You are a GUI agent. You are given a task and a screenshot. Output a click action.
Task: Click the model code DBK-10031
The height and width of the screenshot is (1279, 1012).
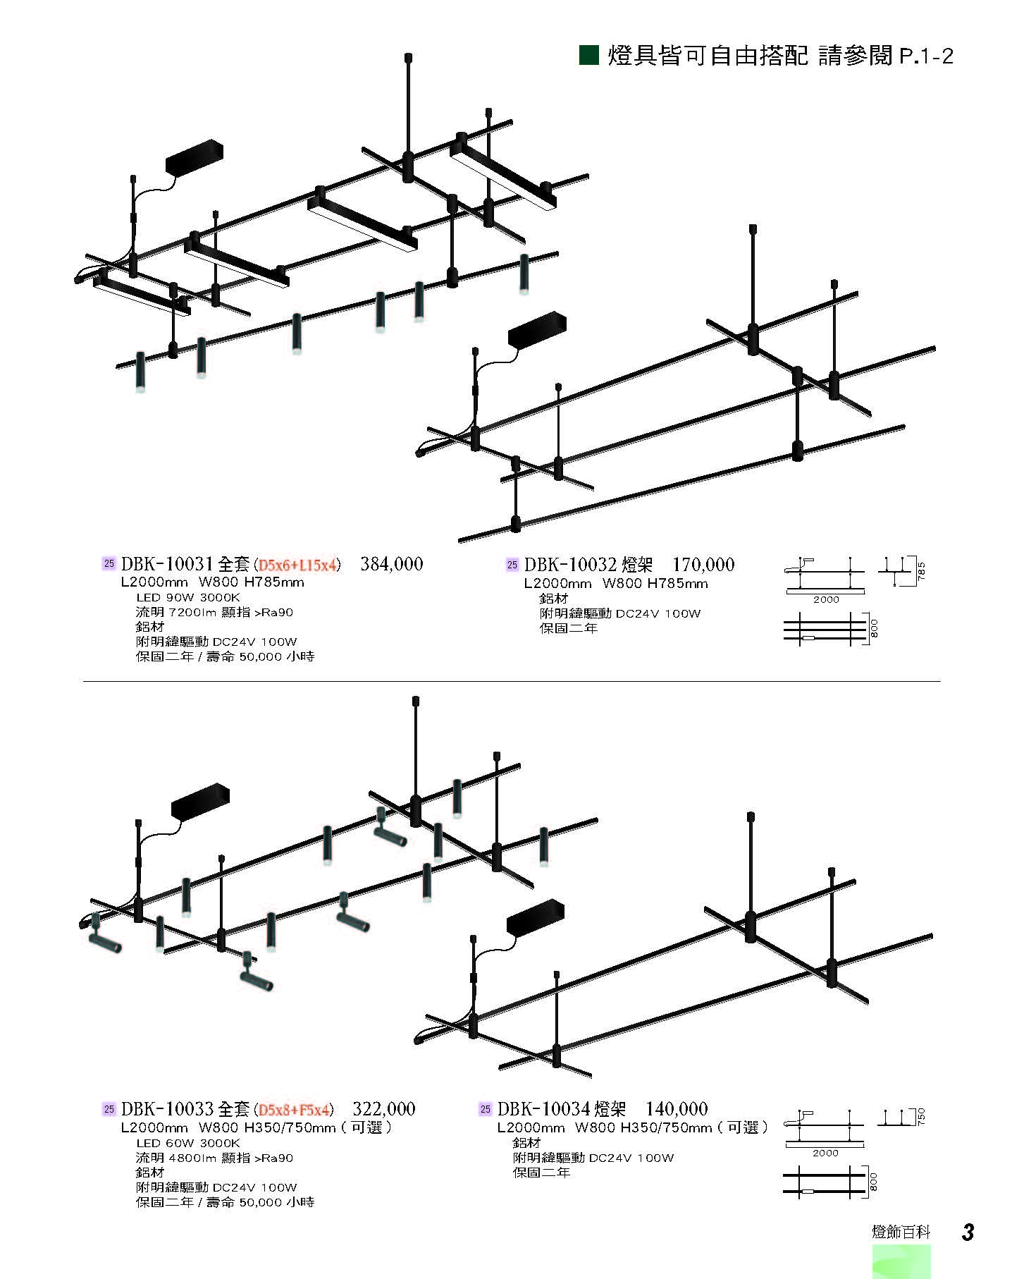(x=167, y=565)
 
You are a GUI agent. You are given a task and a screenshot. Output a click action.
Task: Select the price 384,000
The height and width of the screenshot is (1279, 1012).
(x=392, y=564)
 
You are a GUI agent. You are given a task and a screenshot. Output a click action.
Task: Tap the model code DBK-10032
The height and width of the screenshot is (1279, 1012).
(x=570, y=565)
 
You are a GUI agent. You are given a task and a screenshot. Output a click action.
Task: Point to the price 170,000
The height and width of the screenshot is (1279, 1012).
(x=703, y=565)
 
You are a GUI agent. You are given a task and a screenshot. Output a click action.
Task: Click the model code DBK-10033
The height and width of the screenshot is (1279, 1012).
(x=167, y=1109)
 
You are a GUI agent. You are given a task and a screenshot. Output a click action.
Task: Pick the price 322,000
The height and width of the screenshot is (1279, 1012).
(x=384, y=1109)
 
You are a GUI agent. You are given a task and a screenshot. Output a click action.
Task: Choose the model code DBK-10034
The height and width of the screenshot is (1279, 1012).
(x=543, y=1109)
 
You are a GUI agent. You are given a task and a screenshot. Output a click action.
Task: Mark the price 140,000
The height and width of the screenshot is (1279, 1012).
(x=677, y=1109)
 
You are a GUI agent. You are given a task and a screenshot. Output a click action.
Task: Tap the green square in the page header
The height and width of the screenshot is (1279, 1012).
(x=589, y=55)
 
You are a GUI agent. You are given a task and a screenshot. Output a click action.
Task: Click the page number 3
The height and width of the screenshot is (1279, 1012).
(x=968, y=1232)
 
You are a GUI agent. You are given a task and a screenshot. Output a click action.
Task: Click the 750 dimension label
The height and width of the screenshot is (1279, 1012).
(x=921, y=1116)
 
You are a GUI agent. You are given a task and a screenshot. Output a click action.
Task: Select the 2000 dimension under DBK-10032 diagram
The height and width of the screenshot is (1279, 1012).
(x=826, y=600)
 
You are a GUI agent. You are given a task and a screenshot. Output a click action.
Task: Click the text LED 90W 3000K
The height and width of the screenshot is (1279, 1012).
(x=188, y=597)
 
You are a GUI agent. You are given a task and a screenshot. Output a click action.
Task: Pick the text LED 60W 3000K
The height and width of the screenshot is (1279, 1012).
(x=188, y=1143)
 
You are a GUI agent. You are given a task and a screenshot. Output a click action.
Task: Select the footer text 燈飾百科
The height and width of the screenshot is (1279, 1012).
(x=901, y=1232)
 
